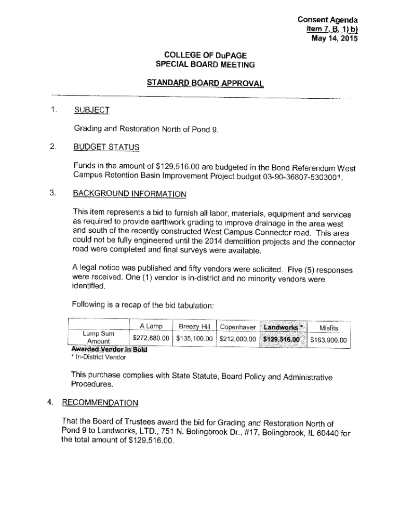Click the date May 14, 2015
[x=335, y=38]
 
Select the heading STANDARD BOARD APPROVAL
[x=205, y=83]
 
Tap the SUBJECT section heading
[x=91, y=110]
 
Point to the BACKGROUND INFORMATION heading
[x=129, y=194]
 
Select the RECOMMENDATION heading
[x=100, y=403]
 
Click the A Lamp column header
[x=151, y=327]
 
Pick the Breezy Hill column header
[x=194, y=327]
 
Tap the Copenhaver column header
[x=238, y=327]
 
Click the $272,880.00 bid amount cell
[x=151, y=339]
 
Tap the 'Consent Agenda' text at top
[x=328, y=20]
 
